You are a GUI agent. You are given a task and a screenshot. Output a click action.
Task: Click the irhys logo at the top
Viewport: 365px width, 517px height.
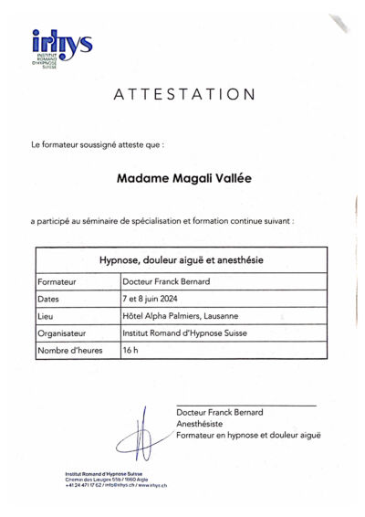point(61,46)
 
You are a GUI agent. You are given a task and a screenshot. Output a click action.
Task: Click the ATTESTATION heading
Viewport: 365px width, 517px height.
point(185,94)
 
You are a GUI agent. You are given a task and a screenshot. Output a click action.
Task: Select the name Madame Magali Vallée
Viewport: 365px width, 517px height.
point(184,178)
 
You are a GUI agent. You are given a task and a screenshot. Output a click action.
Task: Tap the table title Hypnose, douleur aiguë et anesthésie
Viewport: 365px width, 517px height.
point(181,259)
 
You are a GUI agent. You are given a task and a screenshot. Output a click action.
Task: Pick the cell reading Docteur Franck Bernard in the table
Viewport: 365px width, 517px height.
point(167,281)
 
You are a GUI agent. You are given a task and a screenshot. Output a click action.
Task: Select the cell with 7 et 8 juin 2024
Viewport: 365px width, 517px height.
point(152,299)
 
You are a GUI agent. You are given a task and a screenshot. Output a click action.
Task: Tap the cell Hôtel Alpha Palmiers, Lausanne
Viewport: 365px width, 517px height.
point(180,316)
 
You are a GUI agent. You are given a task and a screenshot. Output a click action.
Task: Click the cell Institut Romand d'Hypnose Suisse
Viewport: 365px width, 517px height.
point(184,333)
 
